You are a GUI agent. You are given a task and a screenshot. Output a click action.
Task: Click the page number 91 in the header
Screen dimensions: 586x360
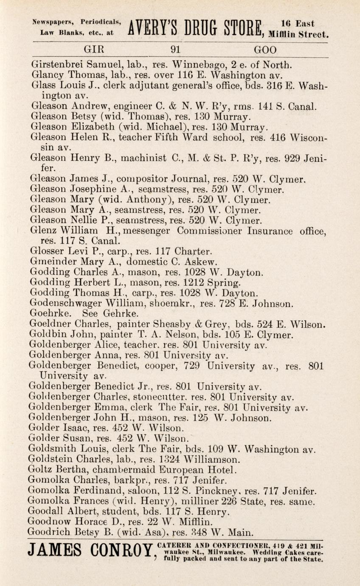[x=176, y=50]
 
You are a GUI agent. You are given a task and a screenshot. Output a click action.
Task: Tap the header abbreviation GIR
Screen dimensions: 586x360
[x=94, y=50]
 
